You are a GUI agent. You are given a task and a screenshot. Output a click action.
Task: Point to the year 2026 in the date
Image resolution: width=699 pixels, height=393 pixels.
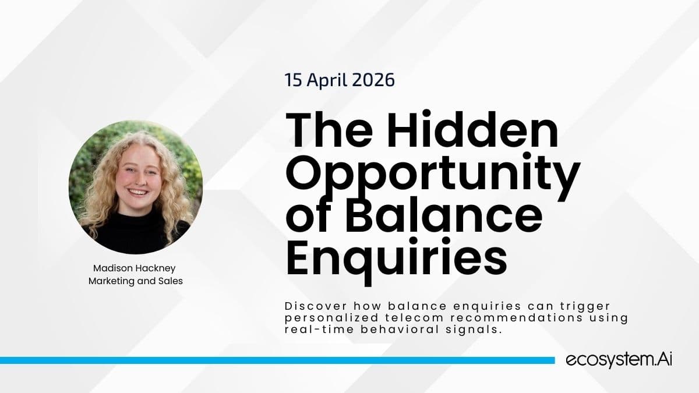376,80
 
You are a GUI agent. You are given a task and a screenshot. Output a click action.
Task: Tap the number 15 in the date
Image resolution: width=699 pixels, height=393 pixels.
293,80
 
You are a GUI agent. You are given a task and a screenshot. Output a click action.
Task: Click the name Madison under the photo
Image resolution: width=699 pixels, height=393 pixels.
112,268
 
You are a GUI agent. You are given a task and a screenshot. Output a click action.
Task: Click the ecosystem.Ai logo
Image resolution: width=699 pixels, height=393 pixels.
619,360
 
